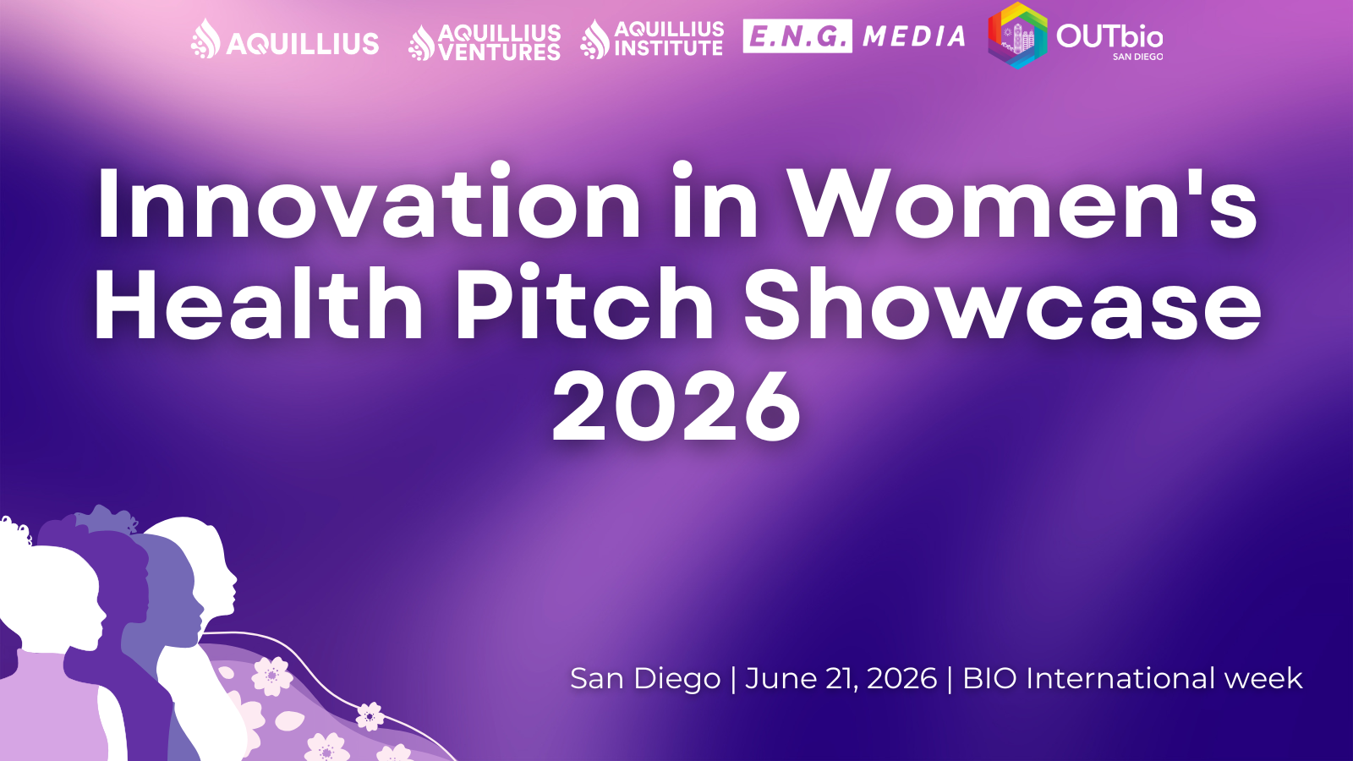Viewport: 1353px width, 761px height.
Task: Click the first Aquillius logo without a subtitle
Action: [x=285, y=41]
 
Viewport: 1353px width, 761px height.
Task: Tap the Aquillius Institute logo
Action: [x=652, y=40]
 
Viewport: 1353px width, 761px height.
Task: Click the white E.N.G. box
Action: [x=797, y=36]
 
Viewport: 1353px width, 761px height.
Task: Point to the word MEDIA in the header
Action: [x=914, y=36]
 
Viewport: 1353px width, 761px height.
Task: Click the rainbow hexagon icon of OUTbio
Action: [x=1018, y=36]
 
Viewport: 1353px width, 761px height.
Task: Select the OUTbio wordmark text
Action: [x=1109, y=36]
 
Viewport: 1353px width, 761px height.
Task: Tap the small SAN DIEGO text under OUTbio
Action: [x=1137, y=57]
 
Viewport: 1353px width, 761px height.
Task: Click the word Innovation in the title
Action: [x=369, y=204]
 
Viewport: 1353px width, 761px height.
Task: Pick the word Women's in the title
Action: [x=1022, y=204]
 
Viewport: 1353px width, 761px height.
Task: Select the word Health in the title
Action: [x=259, y=304]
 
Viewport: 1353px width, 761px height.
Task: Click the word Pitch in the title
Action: [x=584, y=304]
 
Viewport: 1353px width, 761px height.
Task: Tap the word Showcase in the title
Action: [x=1002, y=304]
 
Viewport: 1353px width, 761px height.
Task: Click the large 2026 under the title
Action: [x=676, y=408]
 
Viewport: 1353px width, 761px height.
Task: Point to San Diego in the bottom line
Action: [x=645, y=678]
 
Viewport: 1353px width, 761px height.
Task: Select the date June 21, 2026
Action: [x=841, y=678]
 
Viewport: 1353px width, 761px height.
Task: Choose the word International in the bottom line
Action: [x=1120, y=678]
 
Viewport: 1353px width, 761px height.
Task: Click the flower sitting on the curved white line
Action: [x=370, y=716]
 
